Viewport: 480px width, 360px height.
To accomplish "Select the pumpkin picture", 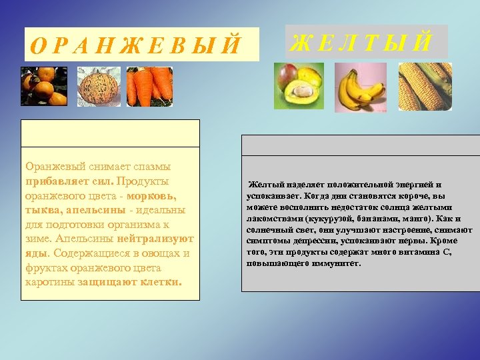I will [99, 87].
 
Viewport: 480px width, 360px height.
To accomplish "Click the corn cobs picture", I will [425, 87].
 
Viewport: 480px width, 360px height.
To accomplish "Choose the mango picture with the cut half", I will [299, 87].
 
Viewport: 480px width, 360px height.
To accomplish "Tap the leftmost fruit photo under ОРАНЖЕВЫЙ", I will [44, 87].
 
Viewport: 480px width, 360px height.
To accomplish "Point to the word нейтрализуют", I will [155, 238].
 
